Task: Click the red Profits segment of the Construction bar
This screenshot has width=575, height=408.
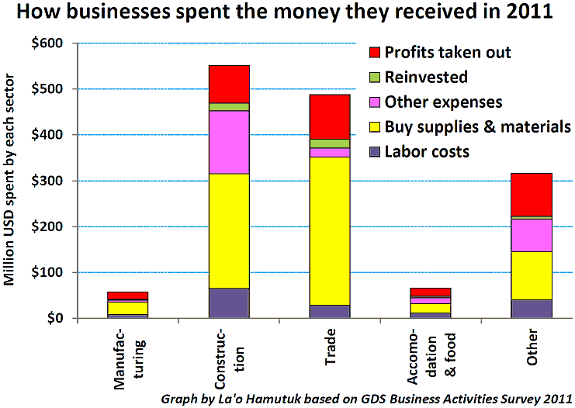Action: (x=229, y=85)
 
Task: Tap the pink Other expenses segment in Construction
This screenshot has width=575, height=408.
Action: (x=229, y=142)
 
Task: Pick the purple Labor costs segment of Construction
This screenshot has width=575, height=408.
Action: (x=229, y=303)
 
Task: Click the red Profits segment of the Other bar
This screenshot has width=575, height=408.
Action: (x=532, y=195)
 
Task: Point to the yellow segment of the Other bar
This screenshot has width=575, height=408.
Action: (x=532, y=275)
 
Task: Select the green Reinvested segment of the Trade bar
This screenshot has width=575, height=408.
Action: (x=330, y=143)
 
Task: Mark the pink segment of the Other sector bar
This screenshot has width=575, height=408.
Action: (x=532, y=235)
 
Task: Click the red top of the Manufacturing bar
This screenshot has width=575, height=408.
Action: (x=127, y=296)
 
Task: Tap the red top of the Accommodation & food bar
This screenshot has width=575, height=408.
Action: (x=431, y=292)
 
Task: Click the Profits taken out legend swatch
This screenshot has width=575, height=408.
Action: (x=375, y=53)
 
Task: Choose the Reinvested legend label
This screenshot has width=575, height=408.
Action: (x=426, y=78)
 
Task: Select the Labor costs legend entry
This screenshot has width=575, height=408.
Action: (x=420, y=152)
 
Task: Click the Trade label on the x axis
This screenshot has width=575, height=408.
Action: (x=331, y=347)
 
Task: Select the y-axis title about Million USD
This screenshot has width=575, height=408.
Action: (x=9, y=180)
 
